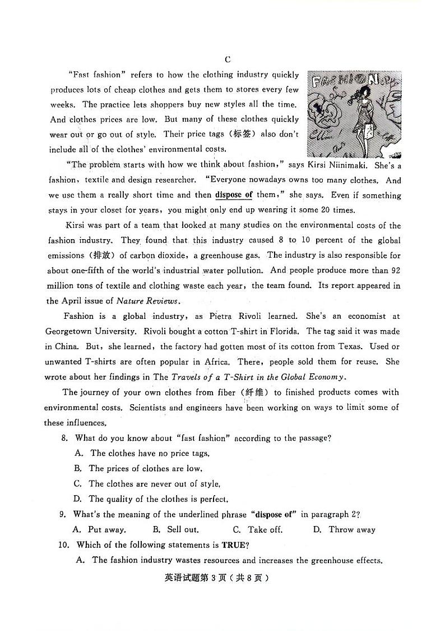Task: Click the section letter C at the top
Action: pyautogui.click(x=228, y=60)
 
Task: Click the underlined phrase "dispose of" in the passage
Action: pyautogui.click(x=234, y=195)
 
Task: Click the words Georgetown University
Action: pyautogui.click(x=91, y=331)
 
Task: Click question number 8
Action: pyautogui.click(x=64, y=438)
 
